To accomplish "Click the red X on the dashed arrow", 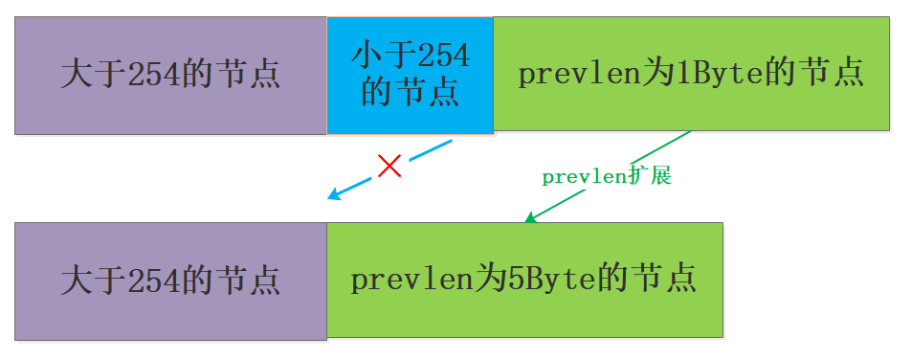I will point(389,168).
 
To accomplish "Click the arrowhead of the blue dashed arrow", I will point(333,196).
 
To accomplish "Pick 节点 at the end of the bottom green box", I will point(666,280).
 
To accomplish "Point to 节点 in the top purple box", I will point(251,75).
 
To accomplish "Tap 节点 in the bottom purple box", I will point(251,281).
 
